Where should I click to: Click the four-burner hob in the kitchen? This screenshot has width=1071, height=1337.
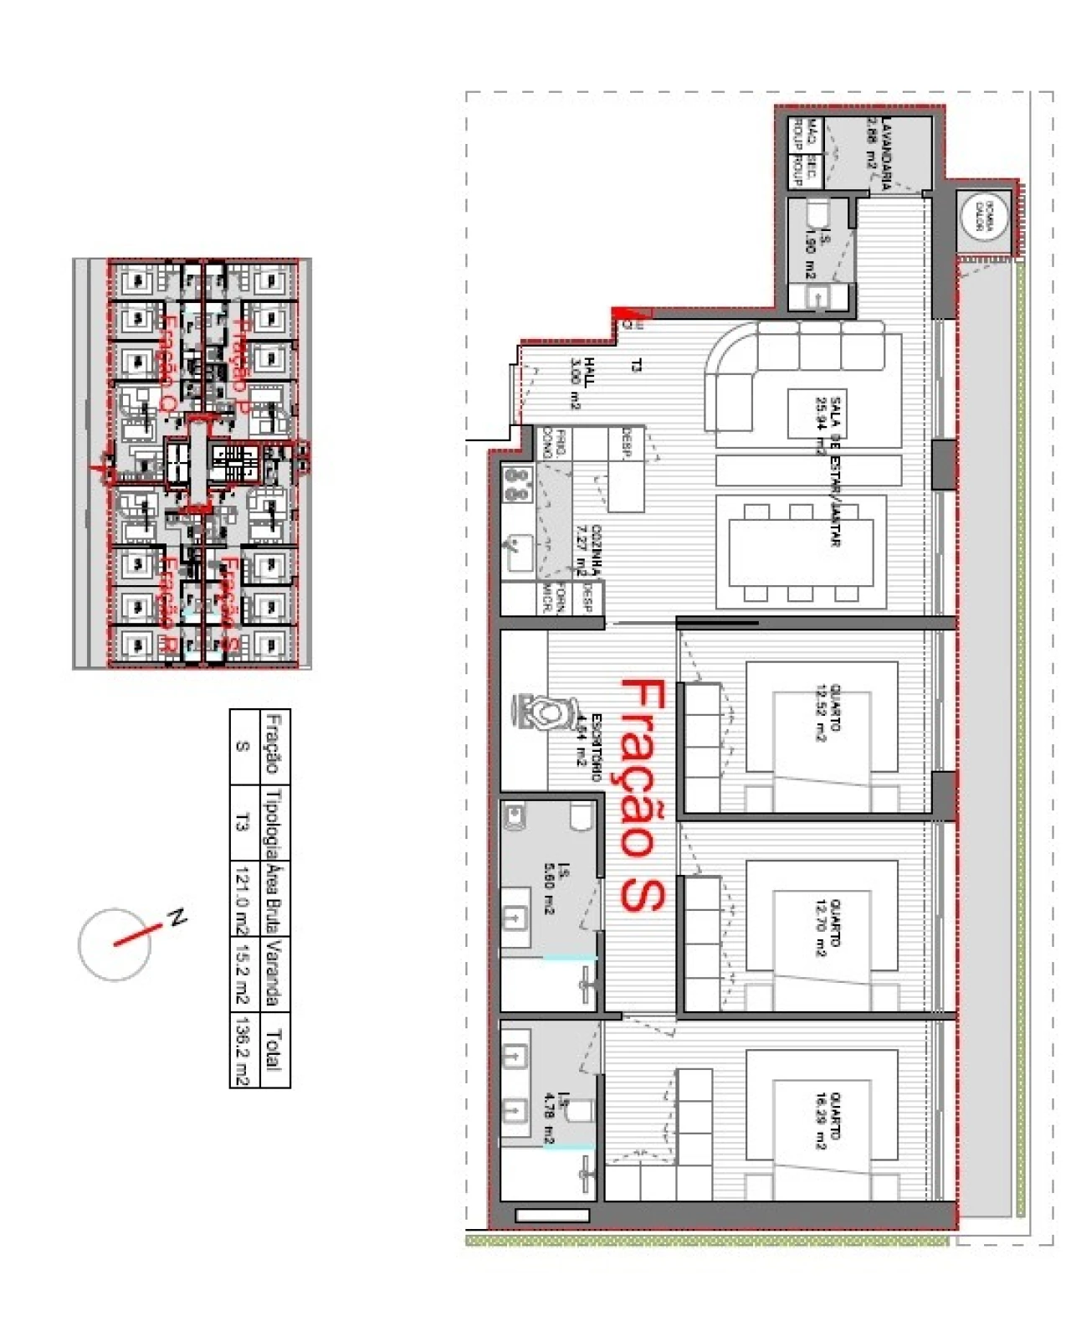point(518,485)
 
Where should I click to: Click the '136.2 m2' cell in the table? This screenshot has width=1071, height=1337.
point(242,1050)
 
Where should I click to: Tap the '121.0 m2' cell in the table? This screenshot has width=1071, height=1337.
point(242,899)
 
